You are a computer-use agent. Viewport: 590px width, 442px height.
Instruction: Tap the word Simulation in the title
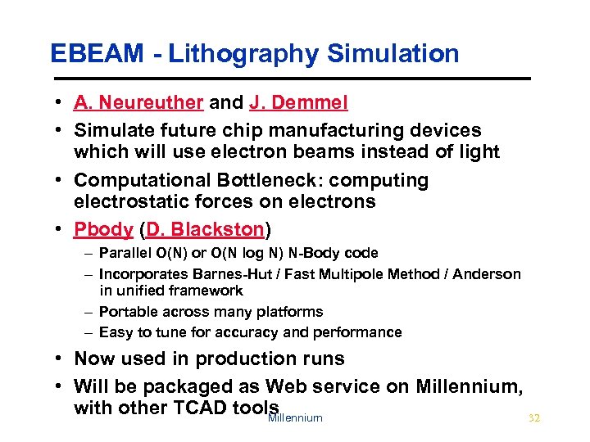click(393, 54)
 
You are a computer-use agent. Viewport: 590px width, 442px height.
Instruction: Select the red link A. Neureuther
click(138, 102)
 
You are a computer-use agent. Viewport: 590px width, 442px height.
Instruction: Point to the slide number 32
click(534, 418)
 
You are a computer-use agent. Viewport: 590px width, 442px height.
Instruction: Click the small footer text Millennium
click(295, 418)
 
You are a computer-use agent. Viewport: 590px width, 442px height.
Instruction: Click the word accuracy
click(258, 332)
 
